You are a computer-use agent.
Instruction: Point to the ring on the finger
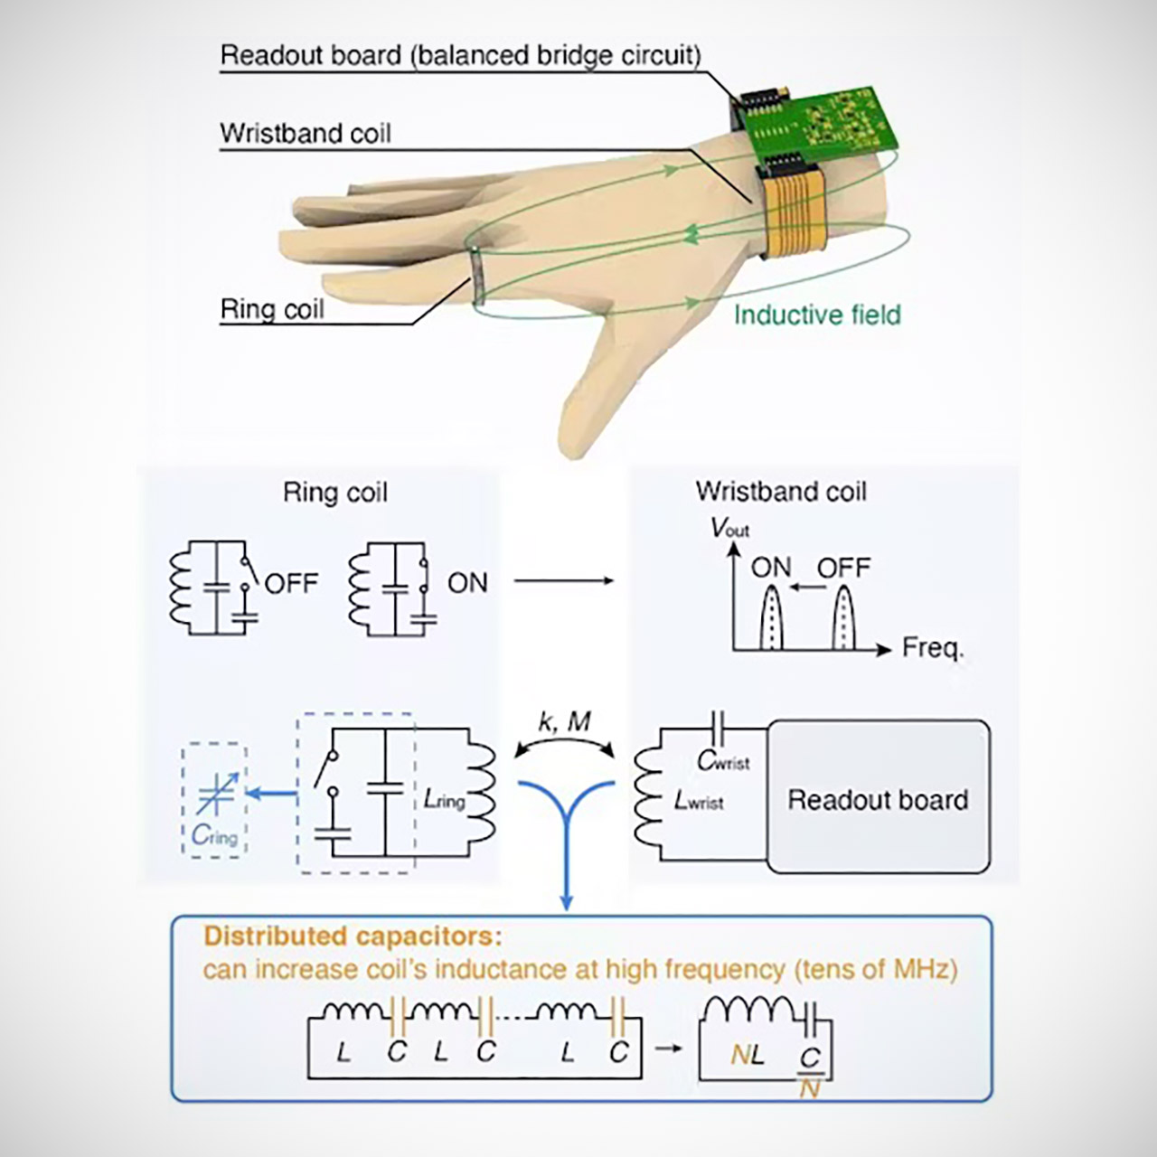click(x=476, y=276)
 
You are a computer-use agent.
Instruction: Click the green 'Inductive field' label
click(x=817, y=315)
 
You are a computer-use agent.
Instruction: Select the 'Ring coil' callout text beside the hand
click(x=271, y=309)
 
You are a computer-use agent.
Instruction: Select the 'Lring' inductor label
click(x=444, y=800)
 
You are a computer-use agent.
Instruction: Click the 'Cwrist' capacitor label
click(x=723, y=761)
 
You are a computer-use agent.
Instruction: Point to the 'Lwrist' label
click(x=699, y=800)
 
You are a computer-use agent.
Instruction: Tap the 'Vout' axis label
click(x=729, y=527)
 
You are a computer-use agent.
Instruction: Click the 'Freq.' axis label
click(x=933, y=648)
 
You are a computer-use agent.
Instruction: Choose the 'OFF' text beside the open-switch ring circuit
click(x=291, y=583)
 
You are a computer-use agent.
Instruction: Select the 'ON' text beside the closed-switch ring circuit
click(x=467, y=583)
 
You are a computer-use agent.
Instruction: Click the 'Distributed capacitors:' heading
click(x=353, y=936)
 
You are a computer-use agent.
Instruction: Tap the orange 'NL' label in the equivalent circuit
click(x=747, y=1054)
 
